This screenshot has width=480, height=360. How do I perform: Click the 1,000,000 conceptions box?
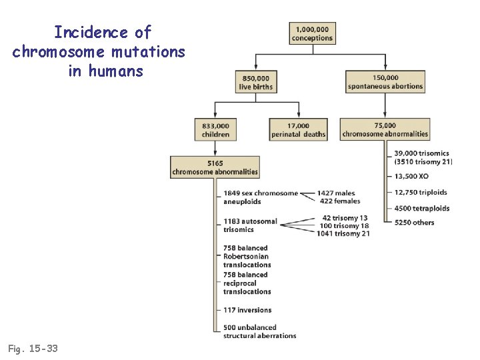tap(312, 34)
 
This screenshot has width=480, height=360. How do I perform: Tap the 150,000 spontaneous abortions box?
tap(385, 82)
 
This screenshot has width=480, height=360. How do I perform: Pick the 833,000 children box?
tap(215, 130)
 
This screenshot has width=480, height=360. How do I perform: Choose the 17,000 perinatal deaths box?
tap(298, 130)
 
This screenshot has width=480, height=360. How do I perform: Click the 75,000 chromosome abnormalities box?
tap(385, 130)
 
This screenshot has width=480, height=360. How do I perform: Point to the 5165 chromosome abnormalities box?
tap(215, 167)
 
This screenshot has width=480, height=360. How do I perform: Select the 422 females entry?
tap(340, 201)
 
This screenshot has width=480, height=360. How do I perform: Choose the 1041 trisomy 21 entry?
tap(343, 233)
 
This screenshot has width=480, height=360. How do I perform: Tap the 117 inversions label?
tap(247, 310)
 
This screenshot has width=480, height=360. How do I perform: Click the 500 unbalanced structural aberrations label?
tap(259, 331)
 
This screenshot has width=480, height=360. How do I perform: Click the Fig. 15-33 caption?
tap(32, 348)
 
